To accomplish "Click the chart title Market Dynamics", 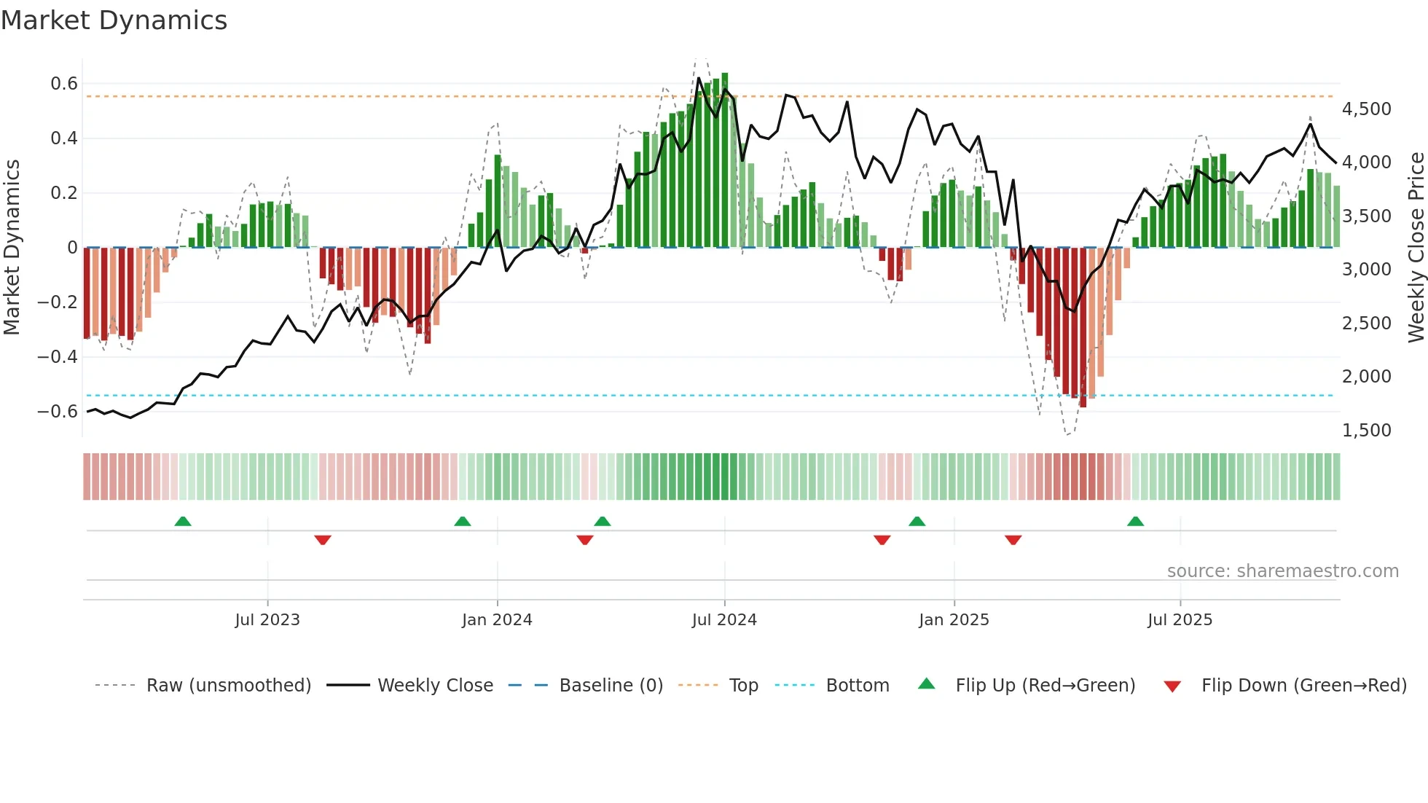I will pos(114,20).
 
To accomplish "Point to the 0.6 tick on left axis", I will pos(64,84).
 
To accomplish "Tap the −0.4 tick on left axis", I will pos(58,356).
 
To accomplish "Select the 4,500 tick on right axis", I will pos(1366,109).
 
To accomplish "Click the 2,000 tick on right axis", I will pos(1366,377).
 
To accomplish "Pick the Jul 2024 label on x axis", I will pos(724,620).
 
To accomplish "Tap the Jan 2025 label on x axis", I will pos(954,620).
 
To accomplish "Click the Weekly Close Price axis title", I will pos(1416,248).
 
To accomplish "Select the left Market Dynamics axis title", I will pos(12,248).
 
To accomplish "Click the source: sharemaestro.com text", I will pos(1282,571).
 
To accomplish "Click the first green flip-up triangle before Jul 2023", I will pos(183,522).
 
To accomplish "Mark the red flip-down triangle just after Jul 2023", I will pos(323,540).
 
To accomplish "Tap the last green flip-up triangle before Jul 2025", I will pos(1135,522).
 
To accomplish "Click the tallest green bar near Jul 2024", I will pos(725,160).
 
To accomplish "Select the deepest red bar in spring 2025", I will pos(1083,328).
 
